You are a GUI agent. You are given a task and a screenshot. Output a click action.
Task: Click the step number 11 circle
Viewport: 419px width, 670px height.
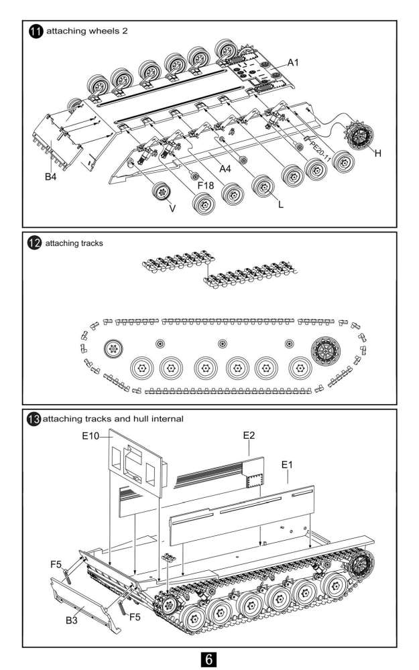36,31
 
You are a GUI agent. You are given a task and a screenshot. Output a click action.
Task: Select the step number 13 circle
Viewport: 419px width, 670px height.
33,419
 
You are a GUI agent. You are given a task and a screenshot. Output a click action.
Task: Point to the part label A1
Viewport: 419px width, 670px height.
293,62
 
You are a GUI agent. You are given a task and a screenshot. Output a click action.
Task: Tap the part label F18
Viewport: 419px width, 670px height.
206,184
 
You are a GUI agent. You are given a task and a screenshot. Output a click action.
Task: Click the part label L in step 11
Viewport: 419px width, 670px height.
281,205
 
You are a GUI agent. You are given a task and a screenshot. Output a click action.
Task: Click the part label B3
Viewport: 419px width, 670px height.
73,621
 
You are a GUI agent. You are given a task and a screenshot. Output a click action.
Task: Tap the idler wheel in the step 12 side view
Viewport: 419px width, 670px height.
113,348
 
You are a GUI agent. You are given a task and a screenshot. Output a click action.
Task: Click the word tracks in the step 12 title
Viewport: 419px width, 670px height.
92,243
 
